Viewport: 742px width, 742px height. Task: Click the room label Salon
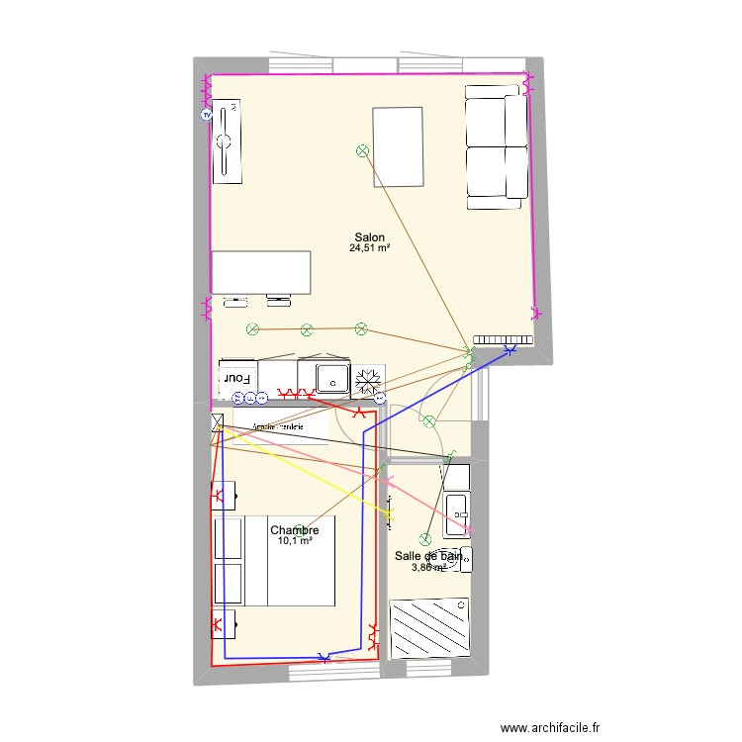pos(369,237)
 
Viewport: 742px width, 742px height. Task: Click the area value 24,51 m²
pos(369,249)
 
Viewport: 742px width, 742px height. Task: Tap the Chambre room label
pos(295,530)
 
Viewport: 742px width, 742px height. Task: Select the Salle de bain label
pos(427,557)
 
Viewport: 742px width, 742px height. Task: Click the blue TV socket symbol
pos(206,115)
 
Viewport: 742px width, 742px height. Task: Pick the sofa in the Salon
pos(497,146)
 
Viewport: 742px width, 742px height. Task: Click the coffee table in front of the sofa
pos(398,146)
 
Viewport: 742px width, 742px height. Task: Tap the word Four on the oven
pos(235,378)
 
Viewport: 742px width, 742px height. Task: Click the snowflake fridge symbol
pos(368,378)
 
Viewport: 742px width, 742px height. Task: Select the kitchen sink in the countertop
pos(331,377)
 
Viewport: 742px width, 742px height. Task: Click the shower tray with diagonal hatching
pos(430,626)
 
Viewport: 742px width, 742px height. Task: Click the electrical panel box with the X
pos(217,423)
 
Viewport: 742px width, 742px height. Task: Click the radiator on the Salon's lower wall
pos(503,337)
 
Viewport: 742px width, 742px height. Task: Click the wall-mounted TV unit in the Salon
pos(227,140)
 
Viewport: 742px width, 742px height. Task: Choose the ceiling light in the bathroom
pos(425,539)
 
